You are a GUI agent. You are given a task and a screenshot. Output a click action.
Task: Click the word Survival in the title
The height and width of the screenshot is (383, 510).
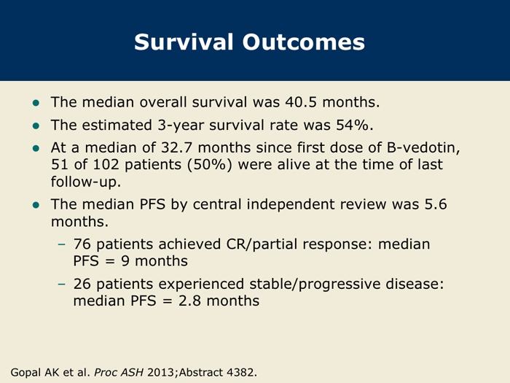[184, 42]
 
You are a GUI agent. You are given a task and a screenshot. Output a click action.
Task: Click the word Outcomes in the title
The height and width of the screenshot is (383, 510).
[304, 42]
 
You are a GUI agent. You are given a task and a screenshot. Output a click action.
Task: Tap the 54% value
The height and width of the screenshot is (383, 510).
[352, 125]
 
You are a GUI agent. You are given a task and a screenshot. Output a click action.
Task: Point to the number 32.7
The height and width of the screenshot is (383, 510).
[176, 147]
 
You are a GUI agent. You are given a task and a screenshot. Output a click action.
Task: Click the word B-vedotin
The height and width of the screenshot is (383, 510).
[423, 147]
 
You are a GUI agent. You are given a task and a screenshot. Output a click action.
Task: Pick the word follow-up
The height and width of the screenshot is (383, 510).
[85, 182]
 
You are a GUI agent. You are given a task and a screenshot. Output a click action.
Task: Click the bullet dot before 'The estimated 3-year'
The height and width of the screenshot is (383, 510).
[36, 125]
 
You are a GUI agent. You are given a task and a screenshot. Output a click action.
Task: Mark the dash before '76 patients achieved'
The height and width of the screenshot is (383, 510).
[61, 244]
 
